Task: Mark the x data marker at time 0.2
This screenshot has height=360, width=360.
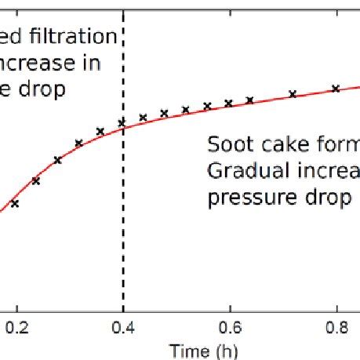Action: tap(15, 203)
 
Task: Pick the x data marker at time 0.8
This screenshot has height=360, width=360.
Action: tap(336, 89)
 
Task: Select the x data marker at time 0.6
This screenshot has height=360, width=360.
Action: tap(229, 103)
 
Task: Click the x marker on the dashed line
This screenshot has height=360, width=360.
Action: tap(122, 123)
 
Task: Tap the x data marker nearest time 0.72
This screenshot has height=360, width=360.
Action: tap(293, 94)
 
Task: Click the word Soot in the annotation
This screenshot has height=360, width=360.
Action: tap(227, 145)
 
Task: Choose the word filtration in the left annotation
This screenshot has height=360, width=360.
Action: tap(79, 37)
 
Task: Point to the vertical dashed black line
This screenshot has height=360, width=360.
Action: tap(124, 235)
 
